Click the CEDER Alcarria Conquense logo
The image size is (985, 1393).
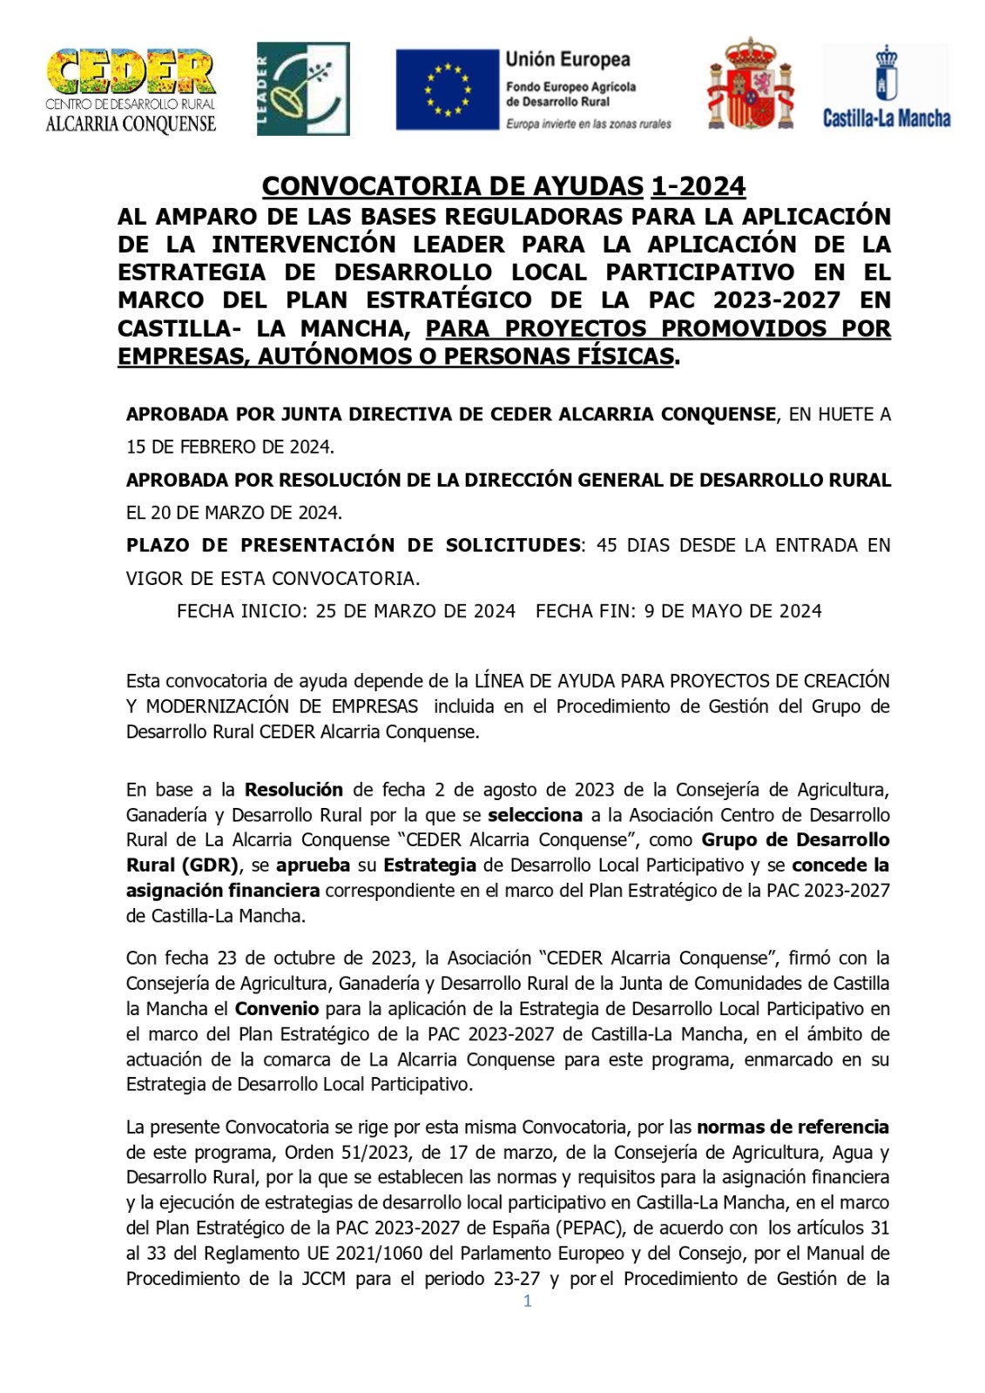(x=131, y=90)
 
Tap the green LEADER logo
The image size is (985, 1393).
(x=302, y=89)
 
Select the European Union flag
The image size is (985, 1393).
(x=446, y=90)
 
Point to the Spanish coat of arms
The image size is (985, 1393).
(x=751, y=85)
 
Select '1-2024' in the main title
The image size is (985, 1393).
(x=698, y=186)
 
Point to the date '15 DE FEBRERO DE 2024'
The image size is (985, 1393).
(x=229, y=448)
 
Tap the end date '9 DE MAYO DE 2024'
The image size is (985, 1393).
(x=732, y=611)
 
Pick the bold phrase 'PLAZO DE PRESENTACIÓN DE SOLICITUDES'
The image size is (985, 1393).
(x=353, y=546)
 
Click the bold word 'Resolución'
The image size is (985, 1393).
(x=293, y=791)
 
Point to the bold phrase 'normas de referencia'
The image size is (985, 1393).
(x=793, y=1127)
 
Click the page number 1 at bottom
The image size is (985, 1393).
(x=527, y=1302)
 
